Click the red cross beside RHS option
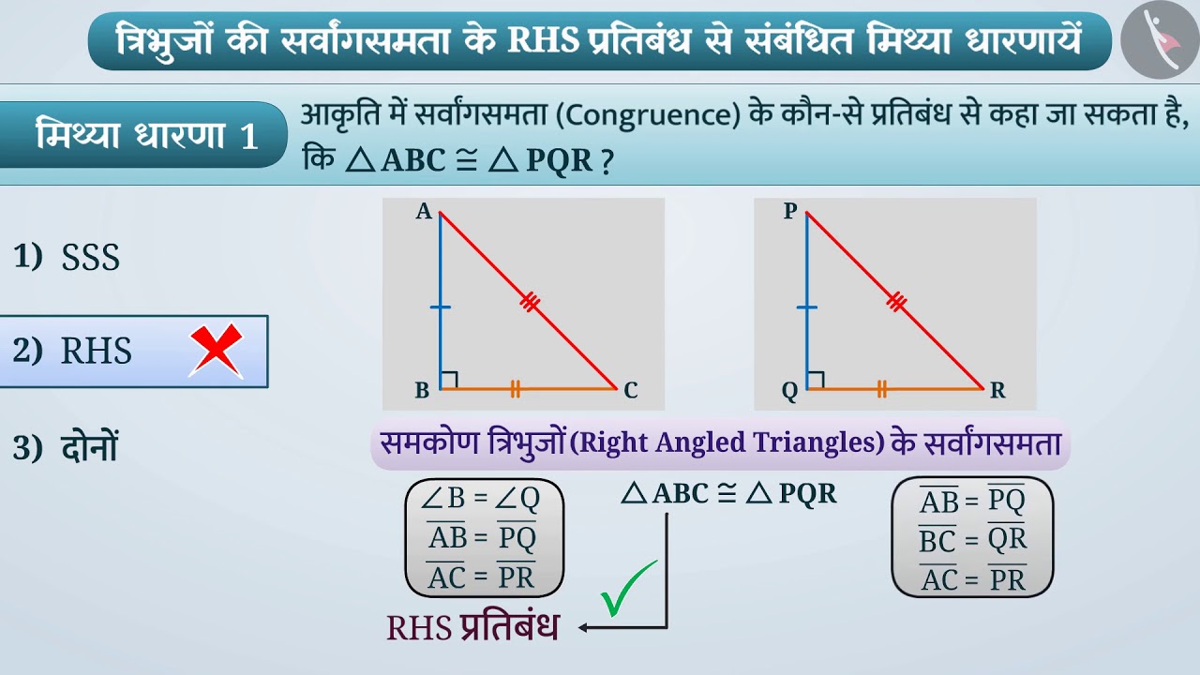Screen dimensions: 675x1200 pyautogui.click(x=217, y=351)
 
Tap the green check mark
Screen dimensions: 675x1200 pyautogui.click(x=629, y=590)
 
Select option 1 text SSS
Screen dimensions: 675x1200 pyautogui.click(x=91, y=258)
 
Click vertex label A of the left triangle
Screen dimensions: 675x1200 pyautogui.click(x=424, y=213)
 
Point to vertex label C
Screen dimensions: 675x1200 pyautogui.click(x=631, y=391)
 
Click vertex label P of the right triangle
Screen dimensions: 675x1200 pyautogui.click(x=789, y=212)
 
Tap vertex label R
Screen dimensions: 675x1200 pyautogui.click(x=997, y=391)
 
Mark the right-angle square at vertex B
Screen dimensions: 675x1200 pyautogui.click(x=449, y=380)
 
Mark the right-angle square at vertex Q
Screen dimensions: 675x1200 pyautogui.click(x=816, y=380)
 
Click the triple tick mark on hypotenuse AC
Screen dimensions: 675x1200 pyautogui.click(x=530, y=302)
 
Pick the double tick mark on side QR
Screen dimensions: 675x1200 pyautogui.click(x=881, y=388)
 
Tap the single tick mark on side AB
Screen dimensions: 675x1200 pyautogui.click(x=440, y=307)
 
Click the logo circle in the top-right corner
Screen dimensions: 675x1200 pyautogui.click(x=1159, y=39)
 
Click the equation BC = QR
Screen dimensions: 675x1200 pyautogui.click(x=972, y=539)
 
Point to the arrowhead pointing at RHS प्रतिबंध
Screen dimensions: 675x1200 pyautogui.click(x=584, y=627)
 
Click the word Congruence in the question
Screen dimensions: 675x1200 pyautogui.click(x=656, y=117)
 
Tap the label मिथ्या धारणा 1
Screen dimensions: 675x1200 pyautogui.click(x=146, y=135)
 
